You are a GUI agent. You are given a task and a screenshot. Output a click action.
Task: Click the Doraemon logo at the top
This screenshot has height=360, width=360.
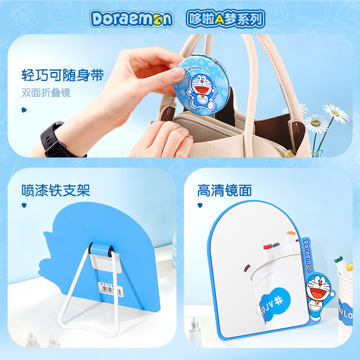(x=131, y=18)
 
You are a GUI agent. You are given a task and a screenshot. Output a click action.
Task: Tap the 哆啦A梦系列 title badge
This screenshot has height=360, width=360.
(x=225, y=18)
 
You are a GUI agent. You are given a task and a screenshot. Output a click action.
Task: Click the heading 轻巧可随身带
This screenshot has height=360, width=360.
(x=63, y=75)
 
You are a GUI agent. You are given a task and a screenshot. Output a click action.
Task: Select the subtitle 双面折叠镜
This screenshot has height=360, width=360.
(x=46, y=93)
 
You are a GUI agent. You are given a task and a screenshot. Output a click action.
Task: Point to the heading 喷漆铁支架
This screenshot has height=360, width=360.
(x=56, y=190)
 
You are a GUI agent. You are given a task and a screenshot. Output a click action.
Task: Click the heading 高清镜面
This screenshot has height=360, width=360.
(x=224, y=190)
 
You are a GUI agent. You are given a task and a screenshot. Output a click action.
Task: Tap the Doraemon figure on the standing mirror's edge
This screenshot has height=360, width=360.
(x=317, y=294)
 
